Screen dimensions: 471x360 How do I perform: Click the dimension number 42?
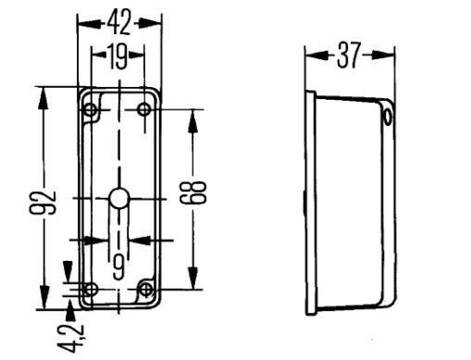pyautogui.click(x=119, y=22)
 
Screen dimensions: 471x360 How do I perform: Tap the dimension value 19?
pyautogui.click(x=118, y=56)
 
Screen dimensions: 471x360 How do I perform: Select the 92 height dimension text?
pyautogui.click(x=43, y=203)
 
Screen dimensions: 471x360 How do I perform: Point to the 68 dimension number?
pyautogui.click(x=192, y=192)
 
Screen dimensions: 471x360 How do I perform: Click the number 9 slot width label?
pyautogui.click(x=118, y=267)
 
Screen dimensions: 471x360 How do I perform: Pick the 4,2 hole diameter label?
pyautogui.click(x=72, y=338)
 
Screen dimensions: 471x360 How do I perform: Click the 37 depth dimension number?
pyautogui.click(x=348, y=56)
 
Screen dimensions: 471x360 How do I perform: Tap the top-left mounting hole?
pyautogui.click(x=91, y=109)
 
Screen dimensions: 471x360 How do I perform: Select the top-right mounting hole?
pyautogui.click(x=144, y=109)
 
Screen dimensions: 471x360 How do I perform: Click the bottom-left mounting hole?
pyautogui.click(x=91, y=290)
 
